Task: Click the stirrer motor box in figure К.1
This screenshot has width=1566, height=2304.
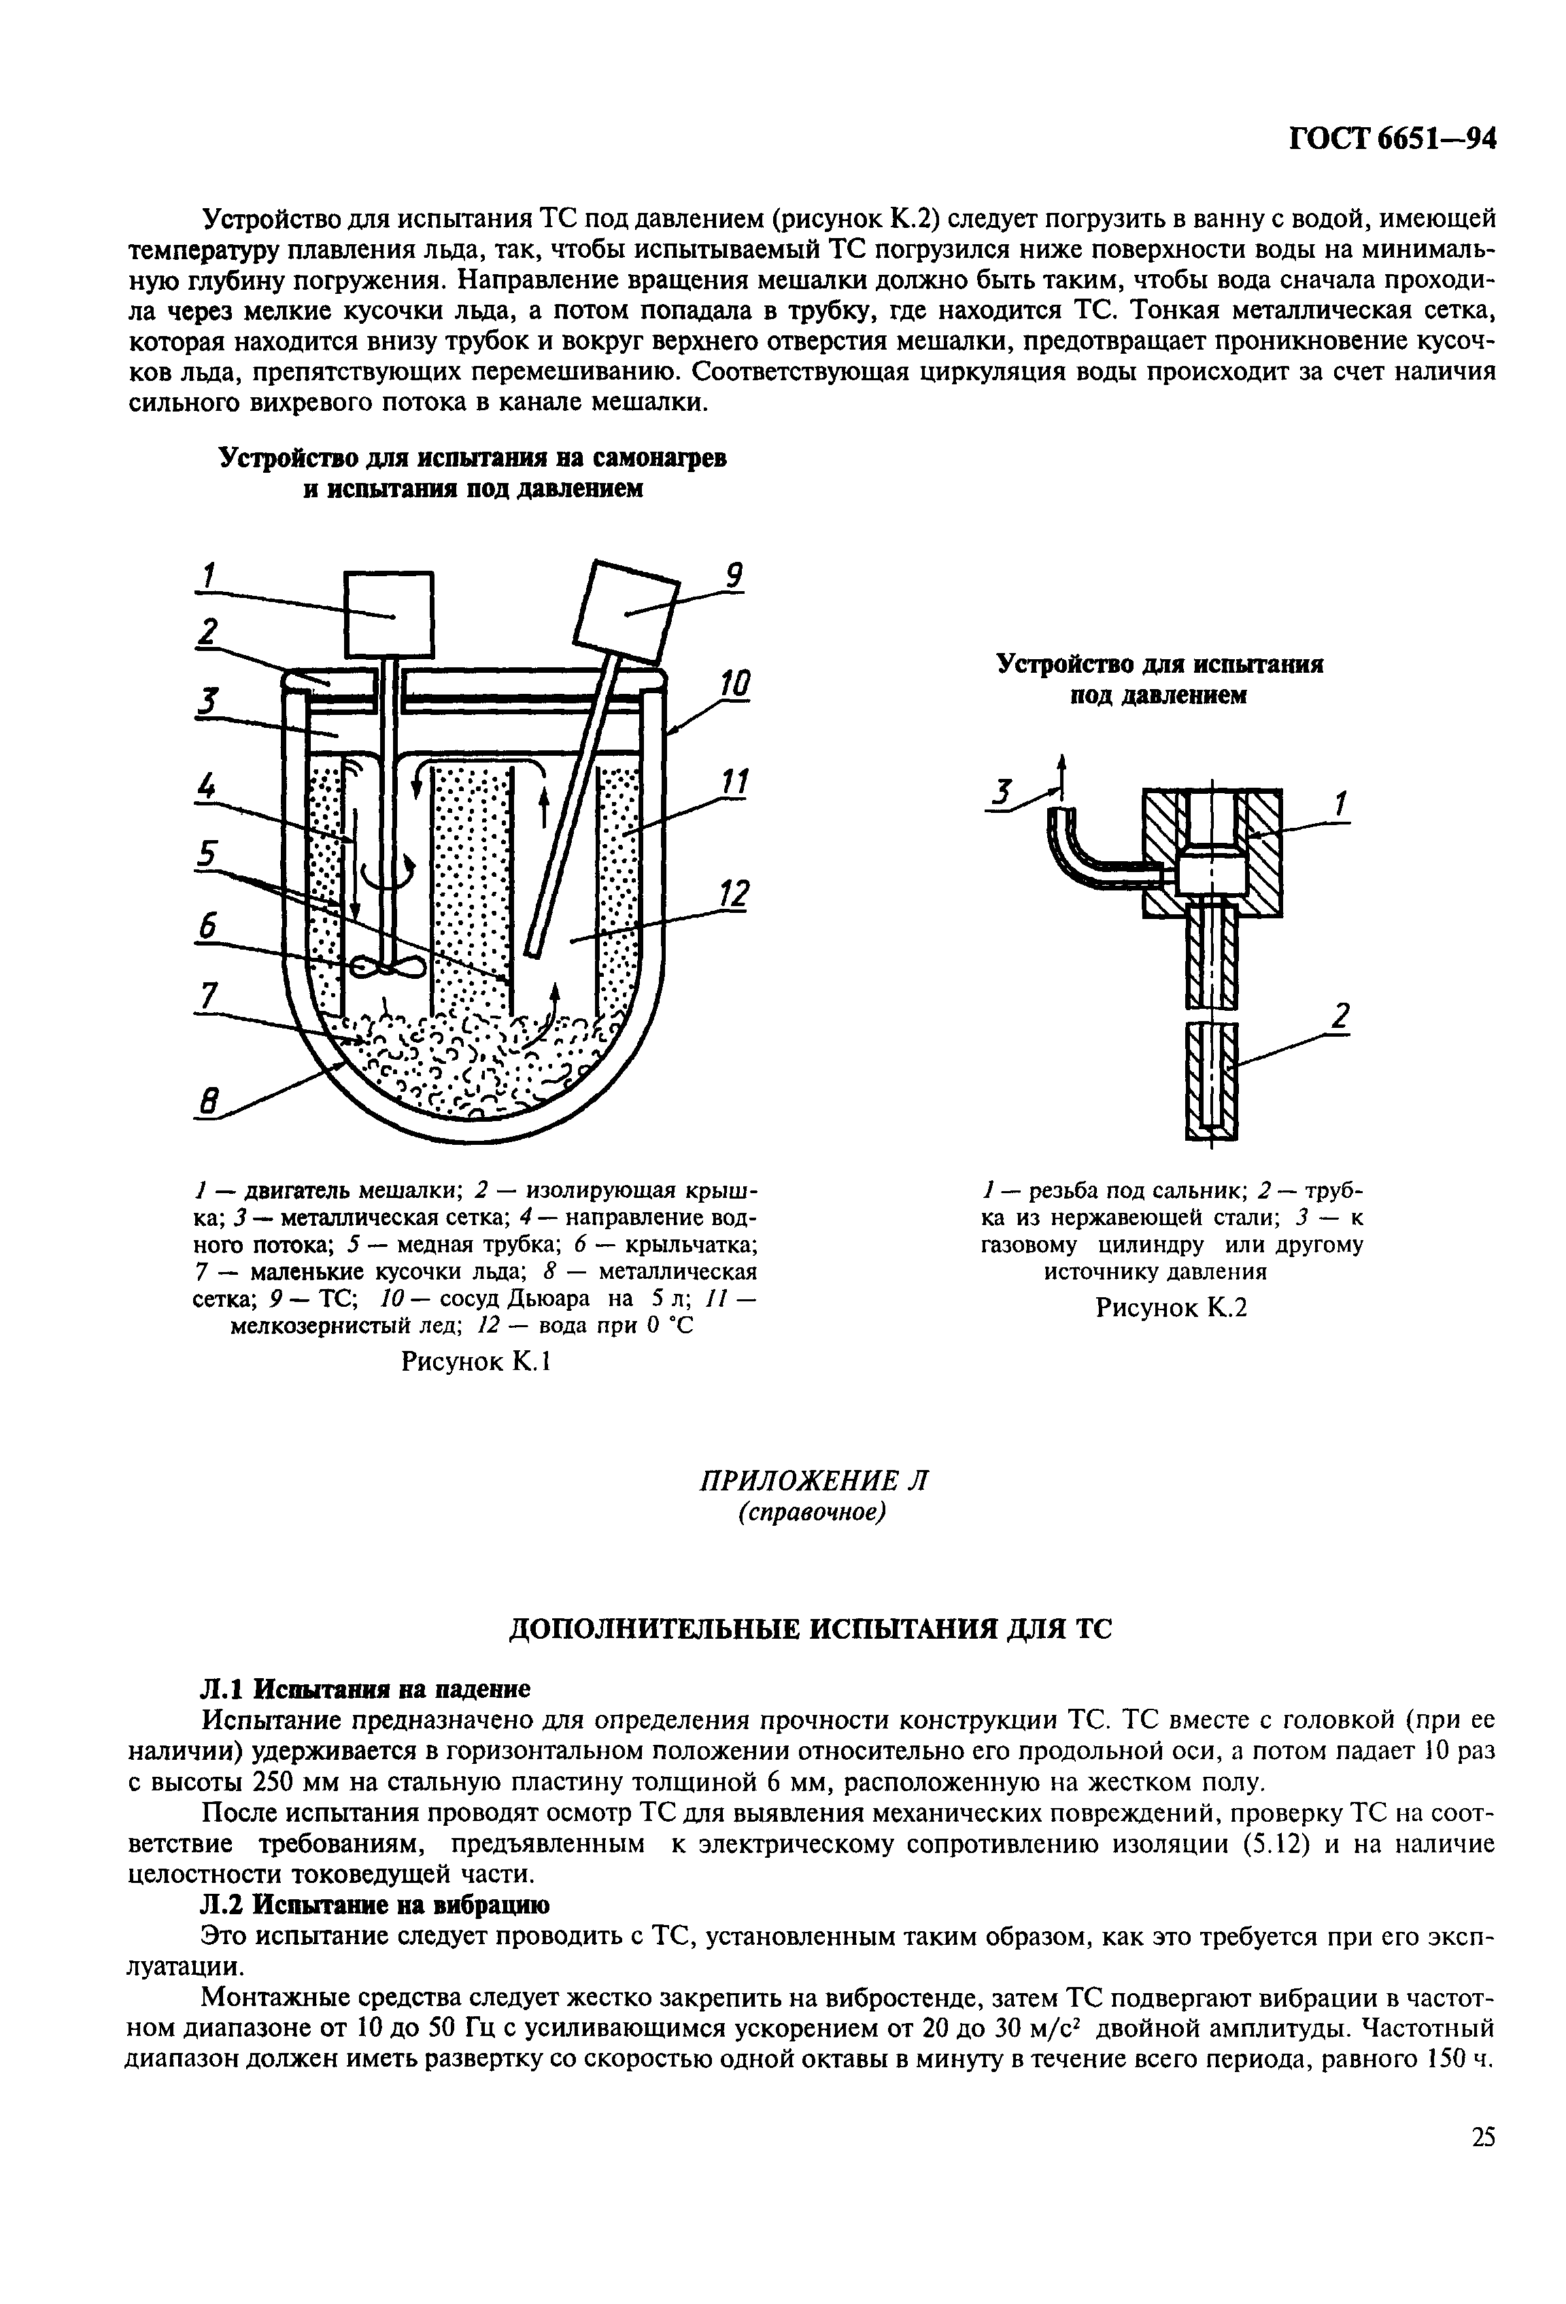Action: click(388, 615)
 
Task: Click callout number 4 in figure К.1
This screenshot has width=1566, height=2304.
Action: click(206, 789)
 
